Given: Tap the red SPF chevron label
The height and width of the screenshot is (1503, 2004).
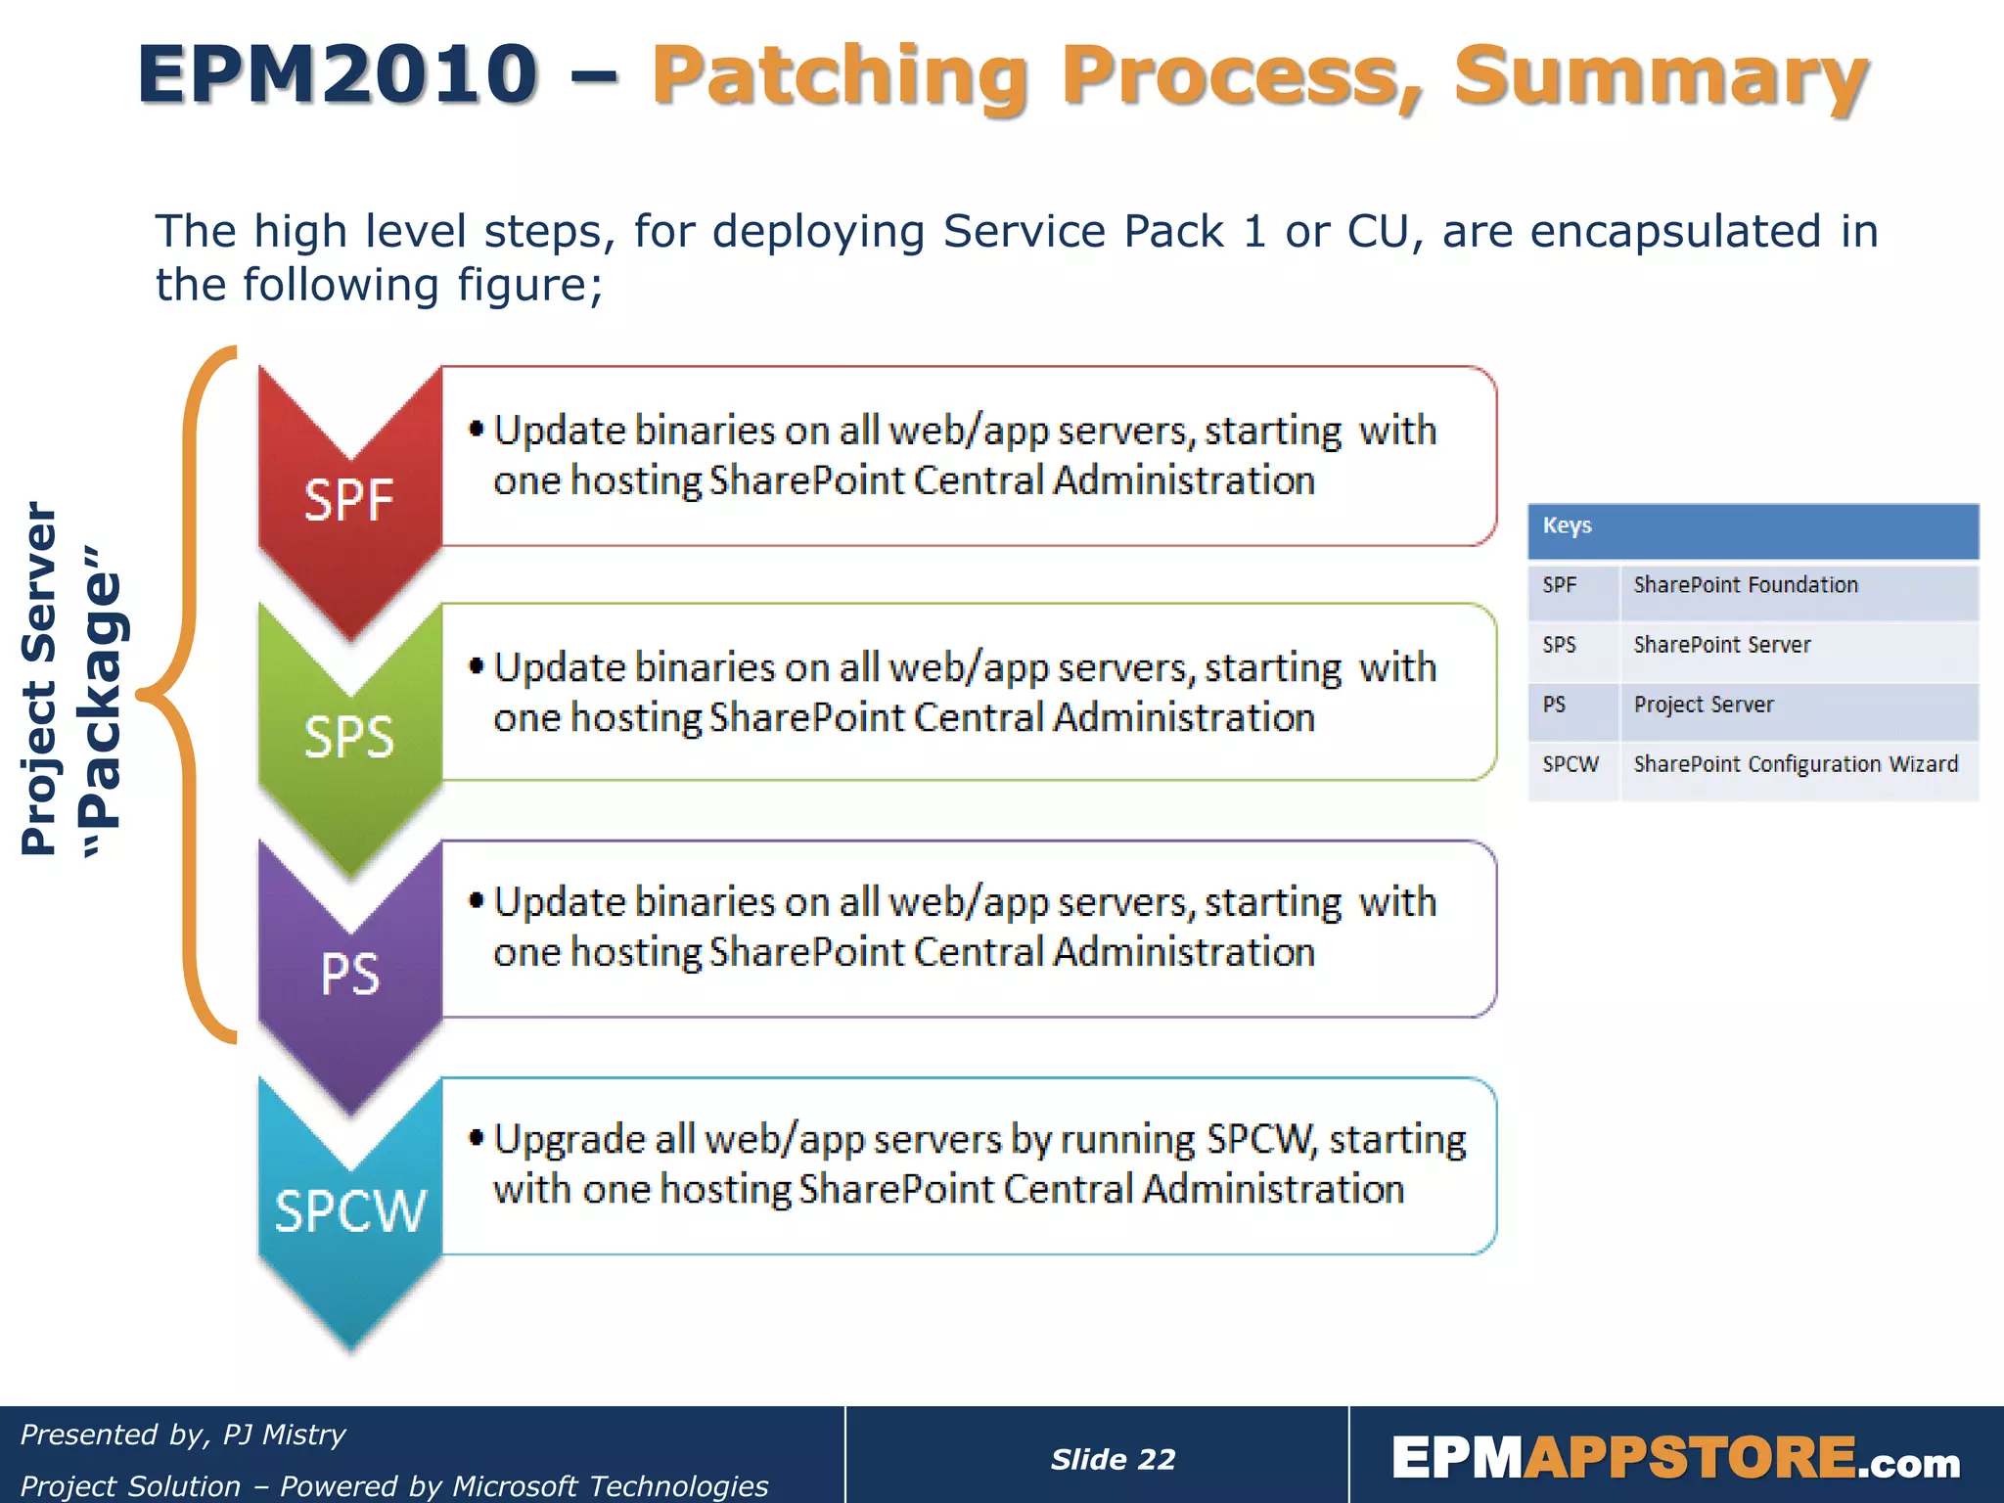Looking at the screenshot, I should [348, 500].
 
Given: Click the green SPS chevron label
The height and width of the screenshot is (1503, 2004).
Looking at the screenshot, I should [348, 737].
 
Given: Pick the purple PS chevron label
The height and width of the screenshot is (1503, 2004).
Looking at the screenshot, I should [349, 975].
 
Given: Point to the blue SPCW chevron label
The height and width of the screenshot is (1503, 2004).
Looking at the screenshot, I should [349, 1211].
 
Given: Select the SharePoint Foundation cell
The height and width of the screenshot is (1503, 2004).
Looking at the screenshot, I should [1746, 585].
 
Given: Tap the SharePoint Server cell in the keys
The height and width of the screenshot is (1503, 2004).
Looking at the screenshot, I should [1722, 645].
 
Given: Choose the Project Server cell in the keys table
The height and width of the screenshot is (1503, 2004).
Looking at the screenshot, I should [1704, 705].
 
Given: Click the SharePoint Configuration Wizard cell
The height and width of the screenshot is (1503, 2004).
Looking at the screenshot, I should [1796, 764].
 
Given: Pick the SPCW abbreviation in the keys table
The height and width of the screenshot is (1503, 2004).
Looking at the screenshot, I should [1571, 764].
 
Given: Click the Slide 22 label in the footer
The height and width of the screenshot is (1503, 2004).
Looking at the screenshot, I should [1113, 1459].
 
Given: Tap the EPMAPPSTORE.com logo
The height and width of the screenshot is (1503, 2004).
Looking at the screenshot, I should [1675, 1458].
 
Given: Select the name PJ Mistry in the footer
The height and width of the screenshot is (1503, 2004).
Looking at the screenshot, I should [284, 1435].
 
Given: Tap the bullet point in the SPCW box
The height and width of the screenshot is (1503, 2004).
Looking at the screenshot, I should [477, 1137].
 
